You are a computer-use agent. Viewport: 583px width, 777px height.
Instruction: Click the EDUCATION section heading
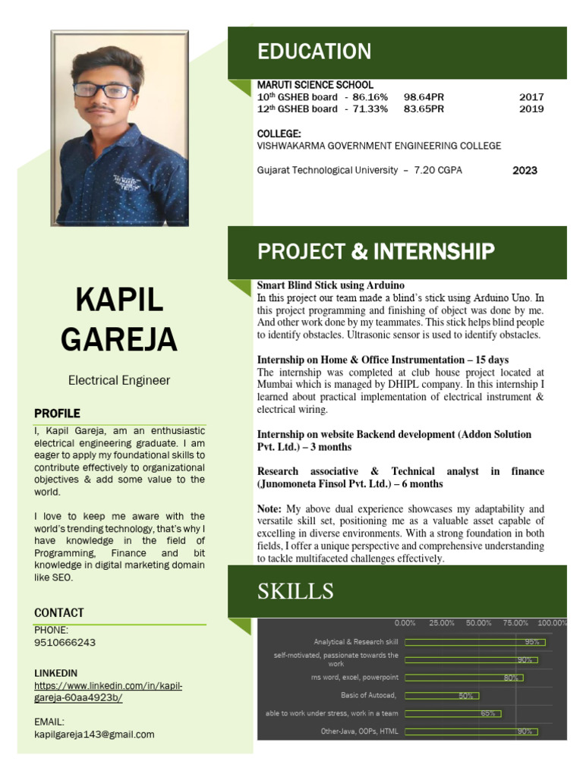click(x=314, y=52)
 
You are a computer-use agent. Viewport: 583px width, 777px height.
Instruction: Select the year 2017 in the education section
click(x=531, y=97)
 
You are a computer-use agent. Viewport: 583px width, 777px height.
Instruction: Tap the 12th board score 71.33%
click(x=370, y=109)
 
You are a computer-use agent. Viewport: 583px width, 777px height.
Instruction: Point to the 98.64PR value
click(x=424, y=97)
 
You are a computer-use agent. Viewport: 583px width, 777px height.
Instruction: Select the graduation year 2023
click(x=525, y=171)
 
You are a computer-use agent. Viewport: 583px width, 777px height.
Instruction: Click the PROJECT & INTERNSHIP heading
click(x=376, y=252)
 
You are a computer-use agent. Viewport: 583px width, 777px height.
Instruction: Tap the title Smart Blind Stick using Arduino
click(x=320, y=285)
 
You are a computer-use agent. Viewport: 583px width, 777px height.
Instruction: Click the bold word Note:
click(x=269, y=508)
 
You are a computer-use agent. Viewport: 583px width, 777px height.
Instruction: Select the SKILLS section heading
click(x=295, y=592)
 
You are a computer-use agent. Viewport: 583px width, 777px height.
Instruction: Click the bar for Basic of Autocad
click(x=442, y=695)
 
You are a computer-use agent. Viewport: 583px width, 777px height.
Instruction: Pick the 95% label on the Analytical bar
click(x=531, y=642)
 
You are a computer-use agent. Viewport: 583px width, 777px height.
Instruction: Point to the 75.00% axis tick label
click(x=516, y=623)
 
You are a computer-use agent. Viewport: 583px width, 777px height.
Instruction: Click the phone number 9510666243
click(x=65, y=643)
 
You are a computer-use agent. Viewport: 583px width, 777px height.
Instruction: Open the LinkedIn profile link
click(x=108, y=692)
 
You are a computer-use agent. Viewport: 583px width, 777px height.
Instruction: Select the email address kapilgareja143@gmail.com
click(x=94, y=735)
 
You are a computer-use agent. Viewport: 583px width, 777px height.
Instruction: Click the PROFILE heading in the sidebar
click(x=57, y=414)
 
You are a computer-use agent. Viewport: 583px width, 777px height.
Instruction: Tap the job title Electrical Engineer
click(x=119, y=380)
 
